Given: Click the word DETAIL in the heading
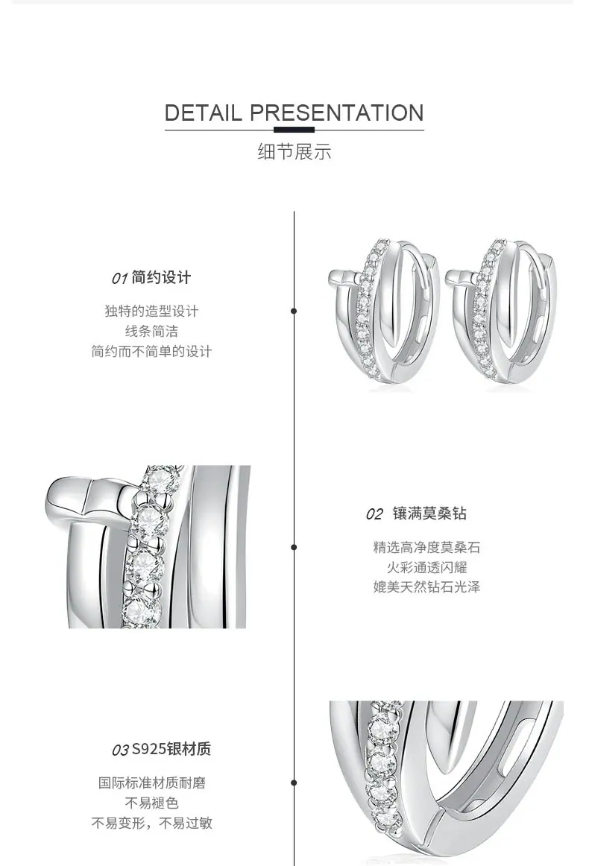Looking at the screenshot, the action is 204,113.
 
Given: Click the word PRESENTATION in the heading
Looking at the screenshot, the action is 337,113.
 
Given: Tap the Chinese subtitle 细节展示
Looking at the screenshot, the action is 294,151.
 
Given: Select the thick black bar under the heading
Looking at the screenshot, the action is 294,130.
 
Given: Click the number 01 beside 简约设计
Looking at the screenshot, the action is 119,278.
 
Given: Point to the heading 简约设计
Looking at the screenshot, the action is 161,277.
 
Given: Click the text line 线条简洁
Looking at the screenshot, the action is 151,331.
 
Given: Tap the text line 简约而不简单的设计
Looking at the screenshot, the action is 151,351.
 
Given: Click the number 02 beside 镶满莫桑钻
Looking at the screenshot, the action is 374,514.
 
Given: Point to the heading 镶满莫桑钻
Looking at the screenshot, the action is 430,513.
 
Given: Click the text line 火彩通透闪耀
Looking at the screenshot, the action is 426,567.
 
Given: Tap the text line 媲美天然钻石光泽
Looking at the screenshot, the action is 426,587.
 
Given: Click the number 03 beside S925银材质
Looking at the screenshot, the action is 121,750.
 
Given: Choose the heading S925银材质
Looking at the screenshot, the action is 171,749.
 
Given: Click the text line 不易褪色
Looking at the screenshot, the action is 151,803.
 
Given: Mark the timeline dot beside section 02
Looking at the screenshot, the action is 294,547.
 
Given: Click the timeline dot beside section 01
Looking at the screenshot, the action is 294,311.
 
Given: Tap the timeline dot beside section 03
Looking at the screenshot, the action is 294,783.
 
